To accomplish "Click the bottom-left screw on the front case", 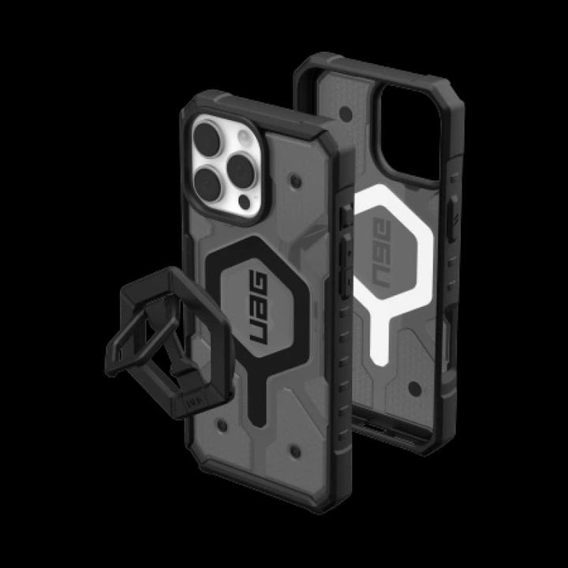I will tap(223, 425).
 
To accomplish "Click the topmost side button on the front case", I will tap(345, 217).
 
